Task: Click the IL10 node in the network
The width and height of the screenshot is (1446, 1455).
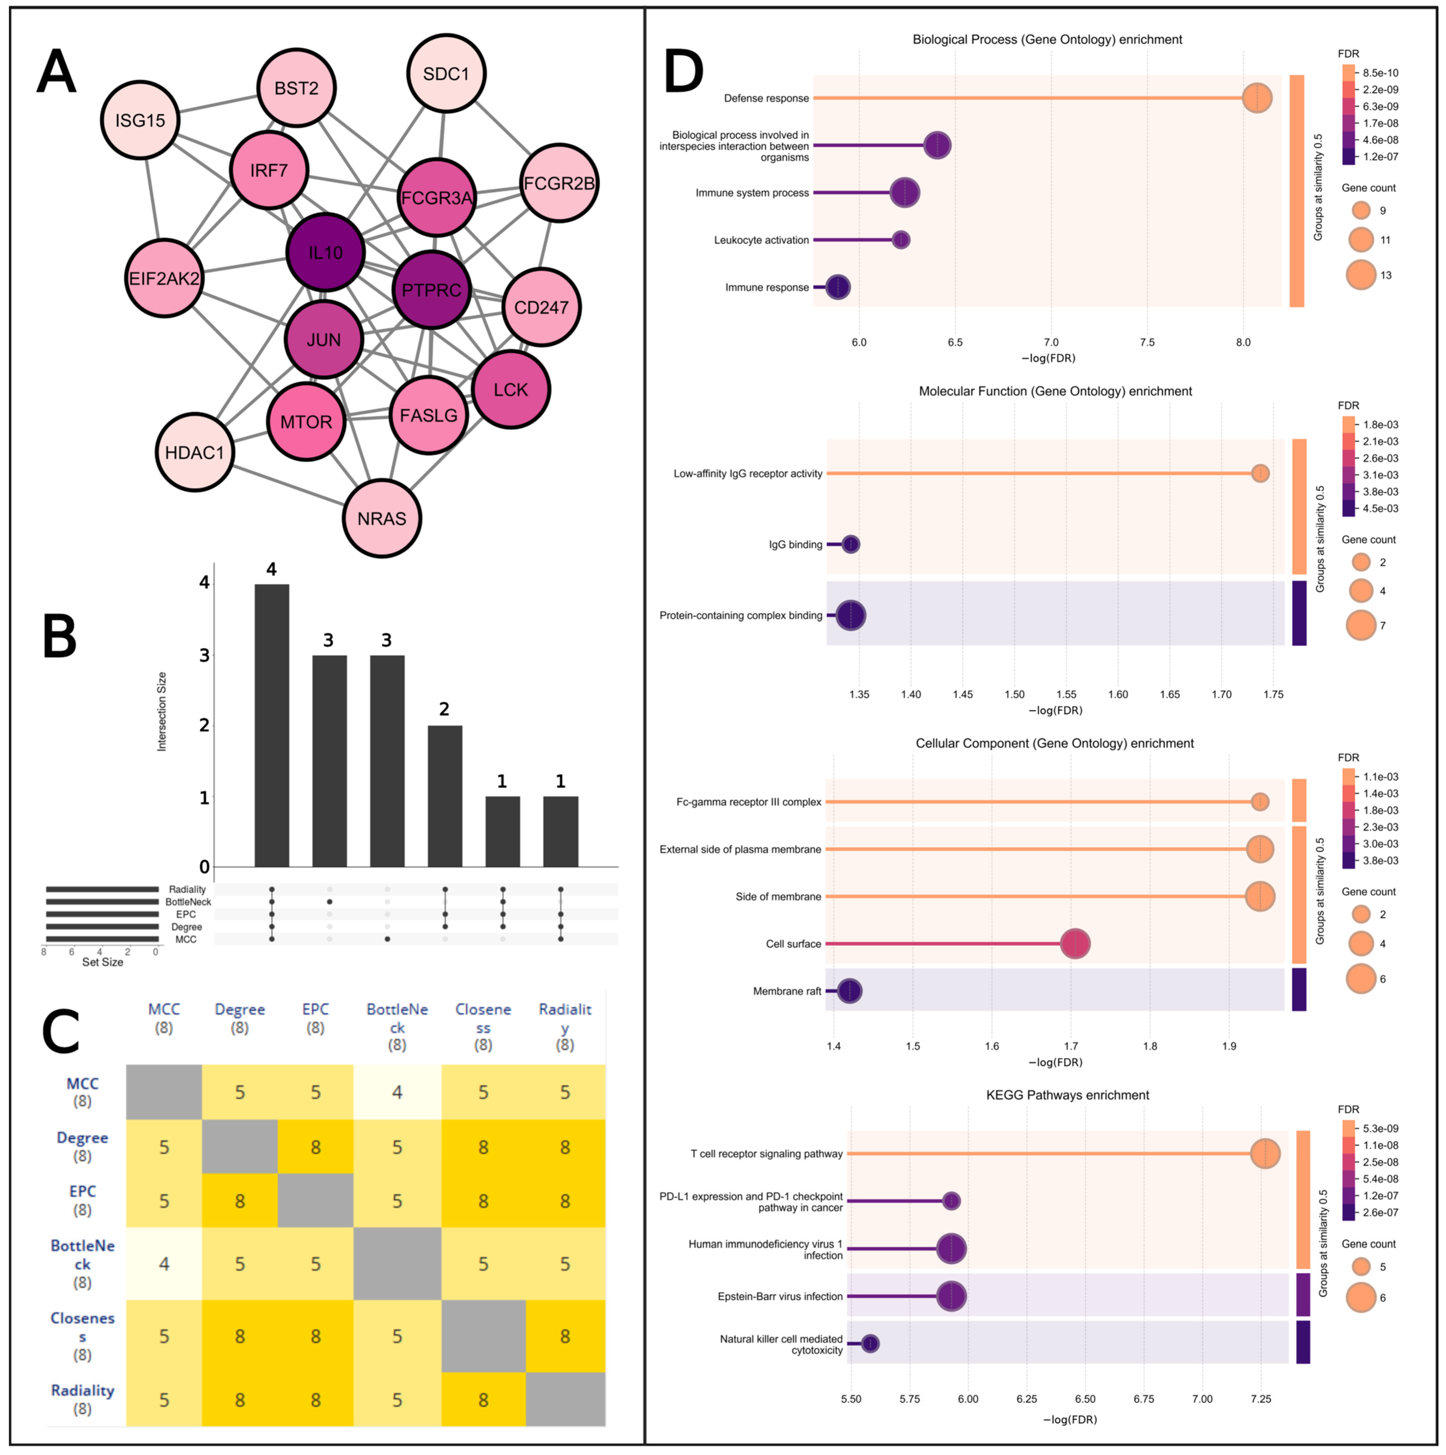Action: pyautogui.click(x=325, y=252)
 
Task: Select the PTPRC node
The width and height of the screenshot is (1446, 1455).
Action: pyautogui.click(x=431, y=290)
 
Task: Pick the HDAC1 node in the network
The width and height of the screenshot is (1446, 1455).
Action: pyautogui.click(x=195, y=452)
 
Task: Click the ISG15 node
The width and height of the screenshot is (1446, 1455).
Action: pyautogui.click(x=140, y=120)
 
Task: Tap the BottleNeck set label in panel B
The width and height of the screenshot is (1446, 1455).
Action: pyautogui.click(x=188, y=901)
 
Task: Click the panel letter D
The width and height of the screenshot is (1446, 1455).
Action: pyautogui.click(x=684, y=73)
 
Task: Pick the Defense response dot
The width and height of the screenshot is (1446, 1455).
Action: pyautogui.click(x=1256, y=98)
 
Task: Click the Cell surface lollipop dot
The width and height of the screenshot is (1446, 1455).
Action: pyautogui.click(x=1075, y=944)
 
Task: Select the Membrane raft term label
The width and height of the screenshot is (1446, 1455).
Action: pyautogui.click(x=787, y=991)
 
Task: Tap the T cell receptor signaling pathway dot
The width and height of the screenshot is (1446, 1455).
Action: pyautogui.click(x=1265, y=1153)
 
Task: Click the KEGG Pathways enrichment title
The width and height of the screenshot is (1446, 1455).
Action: pyautogui.click(x=1067, y=1095)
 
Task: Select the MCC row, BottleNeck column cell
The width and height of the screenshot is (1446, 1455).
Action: pyautogui.click(x=397, y=1092)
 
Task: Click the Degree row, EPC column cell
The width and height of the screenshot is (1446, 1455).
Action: pyautogui.click(x=315, y=1147)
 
